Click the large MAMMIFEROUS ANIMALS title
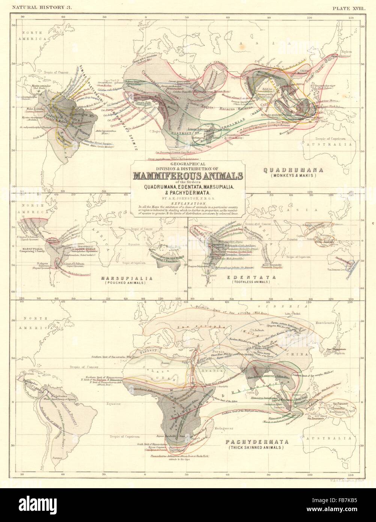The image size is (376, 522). (188, 176)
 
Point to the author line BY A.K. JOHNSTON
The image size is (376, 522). (188, 195)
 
